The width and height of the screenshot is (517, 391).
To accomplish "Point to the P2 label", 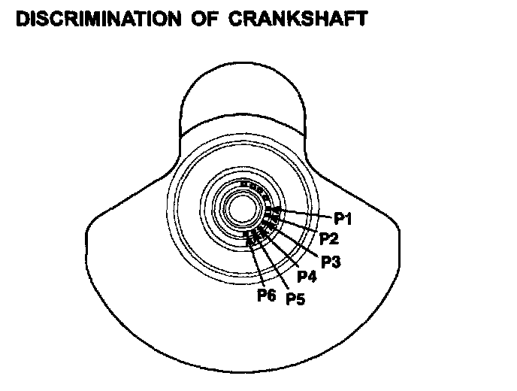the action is tap(328, 240).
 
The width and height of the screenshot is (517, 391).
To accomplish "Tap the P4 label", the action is tap(307, 277).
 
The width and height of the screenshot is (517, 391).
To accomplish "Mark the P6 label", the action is tap(267, 295).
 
